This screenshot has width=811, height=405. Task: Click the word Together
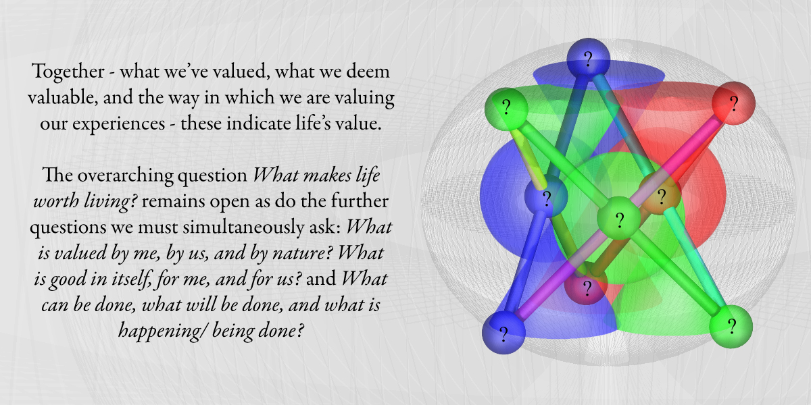(68, 72)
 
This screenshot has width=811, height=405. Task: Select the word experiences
(118, 124)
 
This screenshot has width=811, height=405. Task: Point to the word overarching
(125, 175)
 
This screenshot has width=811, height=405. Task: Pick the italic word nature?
(301, 252)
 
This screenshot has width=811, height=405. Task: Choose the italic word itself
(132, 279)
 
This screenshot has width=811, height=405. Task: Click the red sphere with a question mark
(733, 103)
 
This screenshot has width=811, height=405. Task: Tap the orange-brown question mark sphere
(660, 195)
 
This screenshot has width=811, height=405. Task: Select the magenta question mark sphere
(586, 286)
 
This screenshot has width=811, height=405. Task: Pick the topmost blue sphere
(588, 59)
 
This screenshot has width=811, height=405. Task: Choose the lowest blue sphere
(503, 333)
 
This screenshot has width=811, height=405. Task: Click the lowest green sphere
(731, 327)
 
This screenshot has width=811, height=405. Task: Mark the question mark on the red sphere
(734, 104)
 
